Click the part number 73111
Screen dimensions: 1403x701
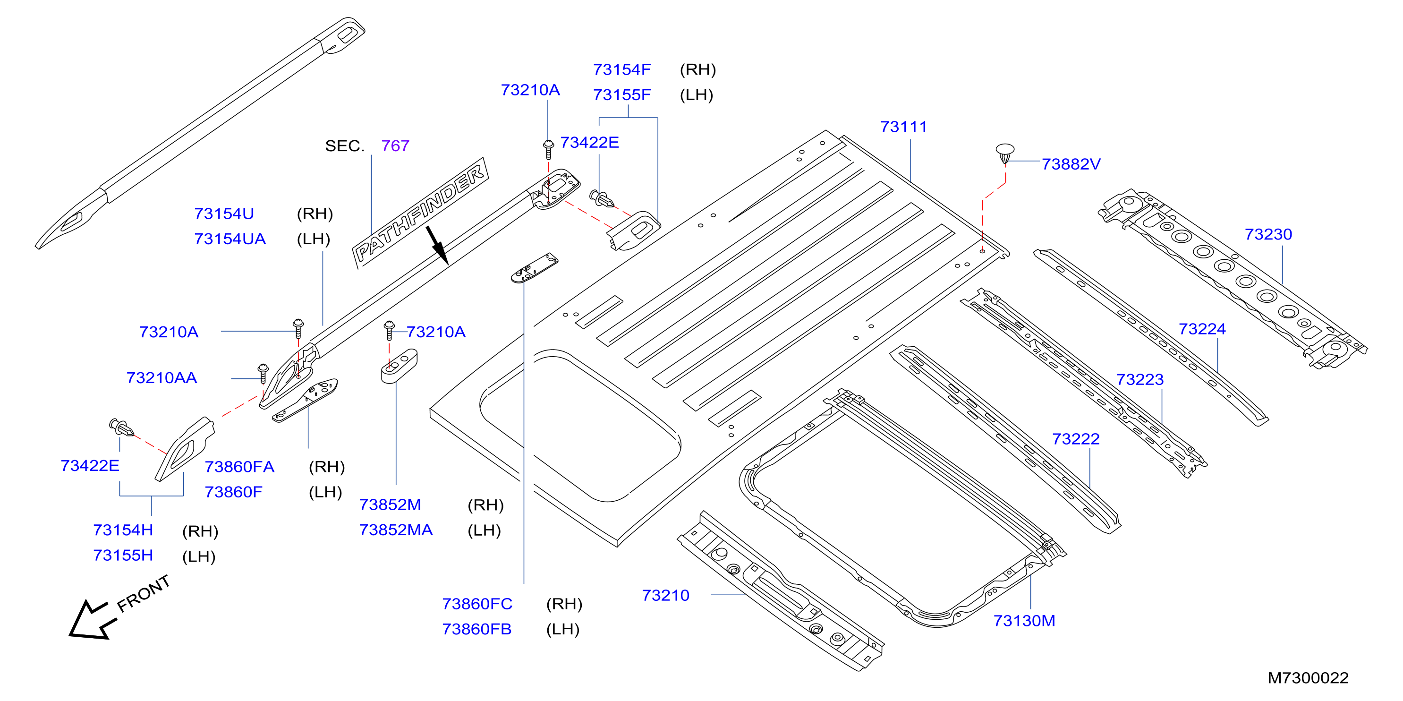pyautogui.click(x=903, y=127)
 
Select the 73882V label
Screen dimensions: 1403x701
pyautogui.click(x=1071, y=164)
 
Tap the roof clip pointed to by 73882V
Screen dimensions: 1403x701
pyautogui.click(x=1005, y=153)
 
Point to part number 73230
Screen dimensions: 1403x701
pyautogui.click(x=1268, y=234)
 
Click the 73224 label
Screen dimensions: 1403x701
pyautogui.click(x=1202, y=329)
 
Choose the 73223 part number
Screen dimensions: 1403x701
pyautogui.click(x=1140, y=380)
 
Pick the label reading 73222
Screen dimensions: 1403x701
pyautogui.click(x=1076, y=439)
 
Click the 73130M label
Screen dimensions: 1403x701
pyautogui.click(x=1024, y=621)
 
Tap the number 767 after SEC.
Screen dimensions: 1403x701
pyautogui.click(x=395, y=146)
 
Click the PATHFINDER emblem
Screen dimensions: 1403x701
pyautogui.click(x=420, y=213)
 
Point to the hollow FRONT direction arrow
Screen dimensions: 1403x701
pyautogui.click(x=89, y=620)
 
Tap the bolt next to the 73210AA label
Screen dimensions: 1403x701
pyautogui.click(x=263, y=373)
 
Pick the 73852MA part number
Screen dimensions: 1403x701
pyautogui.click(x=396, y=530)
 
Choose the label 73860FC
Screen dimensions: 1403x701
pyautogui.click(x=477, y=604)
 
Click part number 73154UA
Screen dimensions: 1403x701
pyautogui.click(x=230, y=239)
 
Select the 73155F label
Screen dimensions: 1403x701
pyautogui.click(x=622, y=95)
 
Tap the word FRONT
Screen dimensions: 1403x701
pyautogui.click(x=144, y=594)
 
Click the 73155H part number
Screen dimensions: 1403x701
pyautogui.click(x=123, y=556)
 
